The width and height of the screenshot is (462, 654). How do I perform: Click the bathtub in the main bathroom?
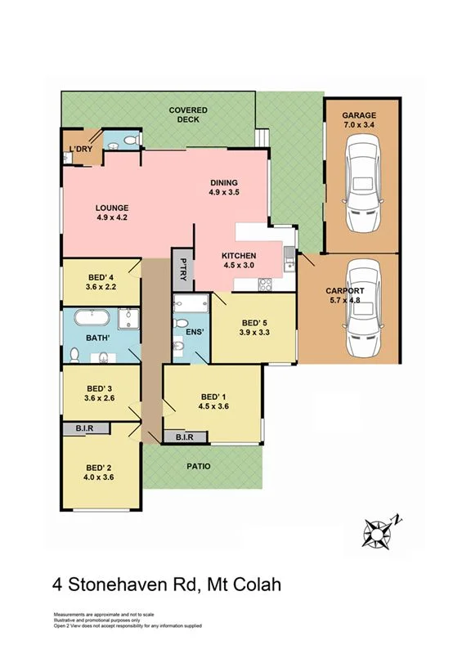[x=92, y=318]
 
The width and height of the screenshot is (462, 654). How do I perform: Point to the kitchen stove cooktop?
[x=266, y=284]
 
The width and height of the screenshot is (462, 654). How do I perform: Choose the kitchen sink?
[x=289, y=259]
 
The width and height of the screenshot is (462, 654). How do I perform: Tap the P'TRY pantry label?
[x=183, y=270]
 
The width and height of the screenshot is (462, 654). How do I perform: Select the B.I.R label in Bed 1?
[x=185, y=437]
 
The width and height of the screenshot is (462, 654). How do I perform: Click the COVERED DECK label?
[x=188, y=114]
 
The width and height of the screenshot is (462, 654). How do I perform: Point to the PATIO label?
[x=199, y=466]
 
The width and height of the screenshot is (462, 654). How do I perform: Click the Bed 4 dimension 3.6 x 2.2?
[x=100, y=287]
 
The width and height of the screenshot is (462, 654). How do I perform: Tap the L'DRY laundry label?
[x=81, y=149]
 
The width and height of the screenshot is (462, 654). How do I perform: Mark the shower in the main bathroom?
[x=128, y=319]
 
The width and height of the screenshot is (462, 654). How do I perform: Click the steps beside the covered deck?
[x=262, y=138]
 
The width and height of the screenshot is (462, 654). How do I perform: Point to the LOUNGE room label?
[x=112, y=208]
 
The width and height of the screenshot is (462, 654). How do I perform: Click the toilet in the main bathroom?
[x=74, y=356]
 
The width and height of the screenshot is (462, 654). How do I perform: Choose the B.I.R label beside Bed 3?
[x=84, y=428]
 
